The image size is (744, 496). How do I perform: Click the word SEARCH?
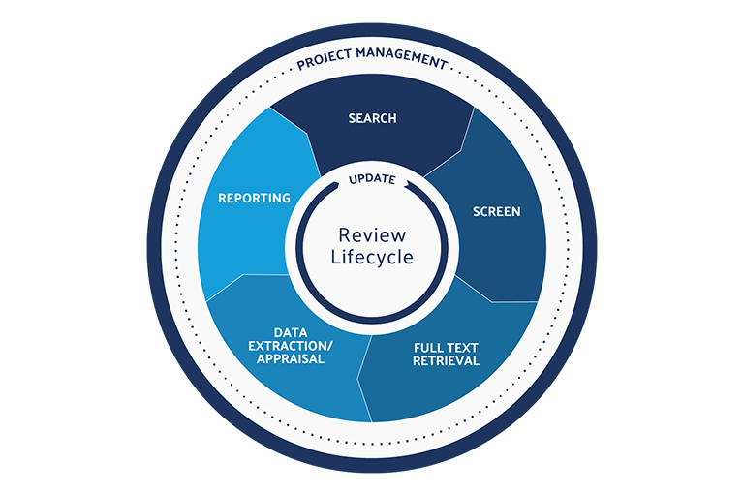373,119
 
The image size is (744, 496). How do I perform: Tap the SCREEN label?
496,211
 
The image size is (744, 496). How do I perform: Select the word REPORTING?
254,198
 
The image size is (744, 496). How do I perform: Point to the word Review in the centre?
373,235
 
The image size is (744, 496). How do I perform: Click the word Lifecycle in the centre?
373,258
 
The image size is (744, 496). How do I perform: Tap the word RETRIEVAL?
446,361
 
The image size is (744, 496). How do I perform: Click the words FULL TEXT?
446,346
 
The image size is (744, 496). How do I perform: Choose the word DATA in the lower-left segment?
286,330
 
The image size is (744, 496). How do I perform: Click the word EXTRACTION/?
286,345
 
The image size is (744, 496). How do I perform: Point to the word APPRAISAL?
286,359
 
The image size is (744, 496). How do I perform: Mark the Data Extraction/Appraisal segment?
291,387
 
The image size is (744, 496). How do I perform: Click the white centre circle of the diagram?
373,281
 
